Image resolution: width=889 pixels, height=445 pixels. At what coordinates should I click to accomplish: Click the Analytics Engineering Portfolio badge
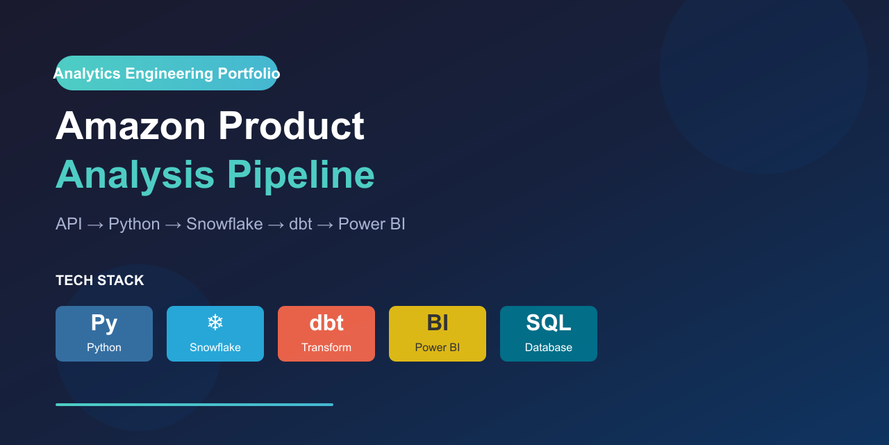[x=167, y=73]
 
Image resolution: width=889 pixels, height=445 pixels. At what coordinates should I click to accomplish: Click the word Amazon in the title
[x=131, y=127]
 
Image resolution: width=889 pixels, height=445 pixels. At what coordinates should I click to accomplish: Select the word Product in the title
[x=291, y=127]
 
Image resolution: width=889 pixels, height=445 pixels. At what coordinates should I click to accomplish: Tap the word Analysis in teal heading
[x=135, y=175]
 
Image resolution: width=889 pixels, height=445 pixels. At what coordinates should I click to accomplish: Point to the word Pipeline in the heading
[x=301, y=175]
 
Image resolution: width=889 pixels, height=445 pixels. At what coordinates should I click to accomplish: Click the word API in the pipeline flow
[x=69, y=224]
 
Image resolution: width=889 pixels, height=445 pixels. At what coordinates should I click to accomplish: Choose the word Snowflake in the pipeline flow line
[x=224, y=224]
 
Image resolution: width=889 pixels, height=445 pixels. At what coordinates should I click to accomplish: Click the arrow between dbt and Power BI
[x=325, y=225]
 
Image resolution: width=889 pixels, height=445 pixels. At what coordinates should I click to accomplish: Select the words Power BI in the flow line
[x=372, y=224]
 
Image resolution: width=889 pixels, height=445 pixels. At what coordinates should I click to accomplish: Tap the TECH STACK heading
[x=100, y=281]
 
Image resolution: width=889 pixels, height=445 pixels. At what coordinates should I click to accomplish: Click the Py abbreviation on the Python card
[x=104, y=323]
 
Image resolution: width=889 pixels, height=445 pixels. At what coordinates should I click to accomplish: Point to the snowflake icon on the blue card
[x=215, y=323]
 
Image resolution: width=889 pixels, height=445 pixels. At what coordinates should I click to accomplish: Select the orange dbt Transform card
[x=326, y=334]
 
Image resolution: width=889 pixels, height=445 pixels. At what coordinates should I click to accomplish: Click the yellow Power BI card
[x=438, y=334]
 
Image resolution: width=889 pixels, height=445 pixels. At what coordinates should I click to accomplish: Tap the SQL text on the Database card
[x=549, y=323]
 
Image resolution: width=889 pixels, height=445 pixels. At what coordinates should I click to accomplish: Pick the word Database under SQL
[x=549, y=348]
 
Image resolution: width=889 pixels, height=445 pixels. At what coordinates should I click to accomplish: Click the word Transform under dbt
[x=326, y=348]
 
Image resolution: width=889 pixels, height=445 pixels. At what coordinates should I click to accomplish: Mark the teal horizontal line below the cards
[x=194, y=404]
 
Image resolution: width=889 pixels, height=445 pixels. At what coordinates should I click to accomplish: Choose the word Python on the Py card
[x=104, y=348]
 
